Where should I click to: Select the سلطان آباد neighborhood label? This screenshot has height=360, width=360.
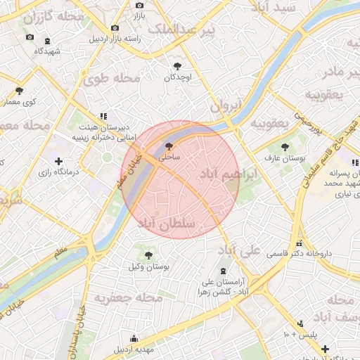176,223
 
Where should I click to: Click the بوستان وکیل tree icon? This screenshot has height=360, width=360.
148,254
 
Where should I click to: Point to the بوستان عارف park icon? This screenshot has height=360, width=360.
285,147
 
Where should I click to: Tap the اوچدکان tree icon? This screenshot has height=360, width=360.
176,65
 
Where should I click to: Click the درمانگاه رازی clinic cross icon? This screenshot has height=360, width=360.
58,161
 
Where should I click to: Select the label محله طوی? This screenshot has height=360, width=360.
112,79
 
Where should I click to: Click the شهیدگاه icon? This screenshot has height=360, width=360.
47,41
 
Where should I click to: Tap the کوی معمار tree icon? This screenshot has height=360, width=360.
19,91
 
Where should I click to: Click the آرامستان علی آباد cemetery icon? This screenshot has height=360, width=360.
223,271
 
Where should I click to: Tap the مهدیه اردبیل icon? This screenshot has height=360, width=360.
134,338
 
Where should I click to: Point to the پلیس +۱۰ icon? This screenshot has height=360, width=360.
301,323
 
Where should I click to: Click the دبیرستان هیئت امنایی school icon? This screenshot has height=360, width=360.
103,115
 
